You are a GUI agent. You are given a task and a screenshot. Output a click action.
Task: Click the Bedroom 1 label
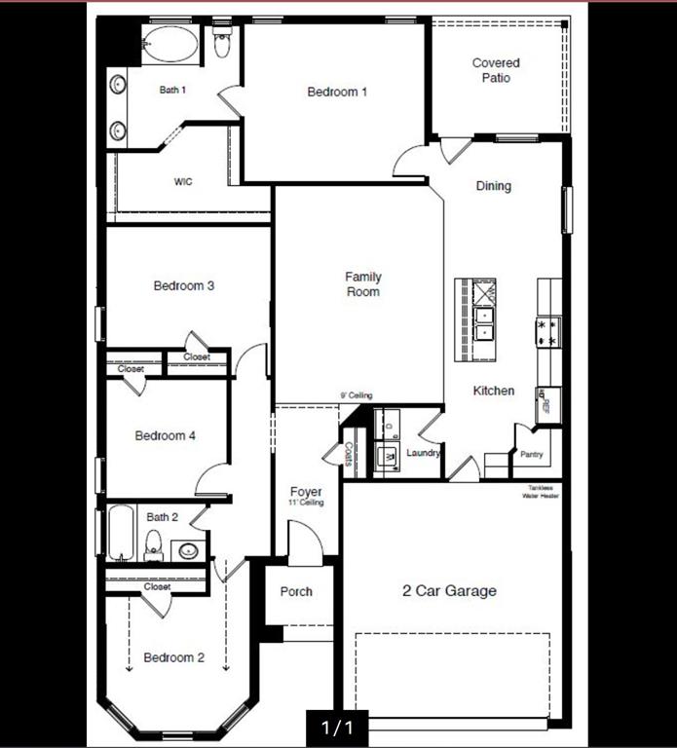click(x=337, y=93)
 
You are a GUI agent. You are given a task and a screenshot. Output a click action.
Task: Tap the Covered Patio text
click(x=496, y=70)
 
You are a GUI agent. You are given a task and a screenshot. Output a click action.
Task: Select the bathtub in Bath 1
click(x=169, y=44)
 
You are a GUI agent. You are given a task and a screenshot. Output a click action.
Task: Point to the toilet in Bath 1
click(x=222, y=44)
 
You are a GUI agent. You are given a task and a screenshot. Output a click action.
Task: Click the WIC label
click(x=183, y=182)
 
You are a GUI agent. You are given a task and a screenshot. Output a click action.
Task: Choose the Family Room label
click(x=362, y=284)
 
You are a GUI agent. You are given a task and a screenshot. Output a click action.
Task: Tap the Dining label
click(x=493, y=186)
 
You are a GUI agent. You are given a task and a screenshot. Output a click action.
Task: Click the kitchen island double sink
click(x=484, y=322)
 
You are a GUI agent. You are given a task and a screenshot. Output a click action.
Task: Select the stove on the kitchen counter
click(x=547, y=332)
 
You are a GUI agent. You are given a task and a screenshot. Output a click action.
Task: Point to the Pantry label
click(x=531, y=454)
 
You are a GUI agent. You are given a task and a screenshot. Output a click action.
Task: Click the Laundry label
click(x=424, y=453)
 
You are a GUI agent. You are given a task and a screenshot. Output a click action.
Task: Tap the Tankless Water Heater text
click(x=543, y=492)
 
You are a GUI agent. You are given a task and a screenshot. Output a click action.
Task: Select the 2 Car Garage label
click(x=449, y=590)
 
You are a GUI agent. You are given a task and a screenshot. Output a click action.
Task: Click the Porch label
click(x=296, y=591)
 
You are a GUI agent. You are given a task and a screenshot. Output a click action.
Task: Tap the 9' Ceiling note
click(x=356, y=395)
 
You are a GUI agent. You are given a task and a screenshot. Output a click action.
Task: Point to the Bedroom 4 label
click(x=166, y=435)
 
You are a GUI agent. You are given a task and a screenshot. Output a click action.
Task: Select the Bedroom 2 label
click(x=174, y=657)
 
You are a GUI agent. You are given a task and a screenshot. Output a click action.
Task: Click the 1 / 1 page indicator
click(x=337, y=727)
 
